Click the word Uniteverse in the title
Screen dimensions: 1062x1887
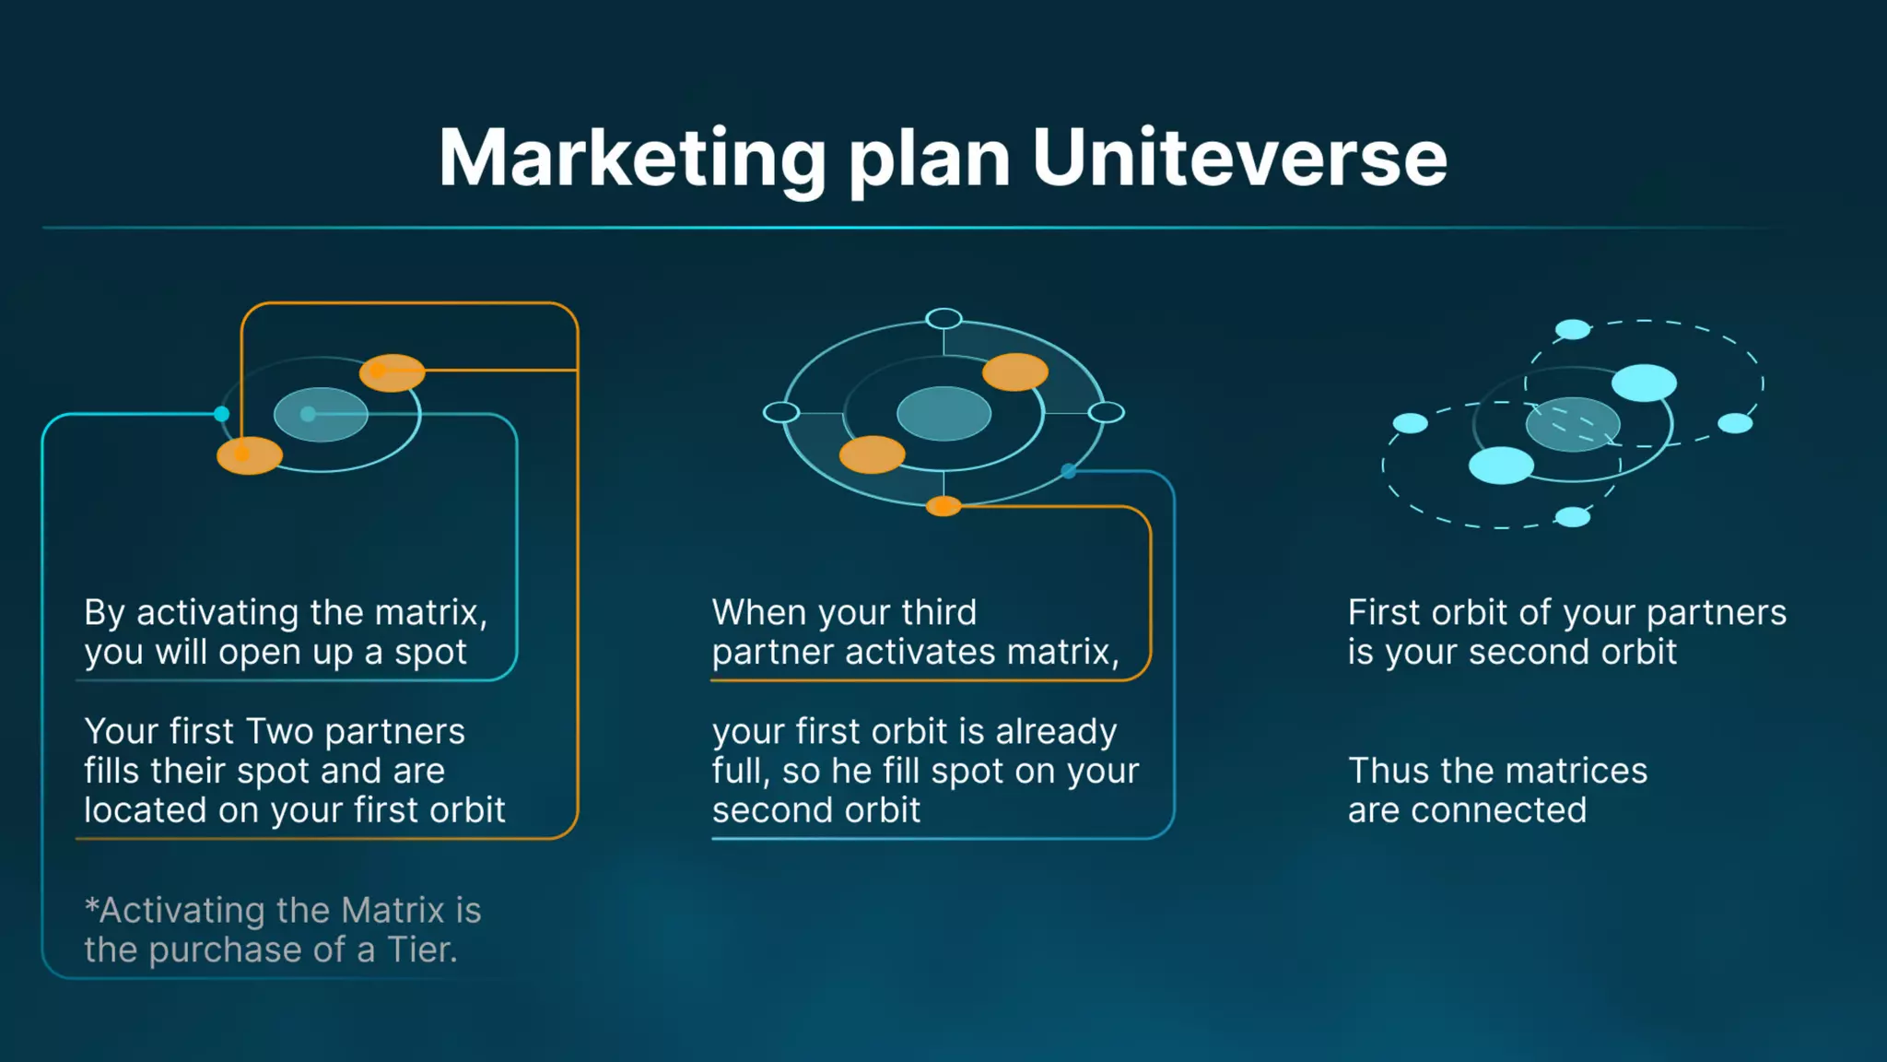point(1239,159)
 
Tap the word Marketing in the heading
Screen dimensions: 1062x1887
point(632,159)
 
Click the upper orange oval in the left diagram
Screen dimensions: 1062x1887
point(393,372)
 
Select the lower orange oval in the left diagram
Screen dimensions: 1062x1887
point(250,455)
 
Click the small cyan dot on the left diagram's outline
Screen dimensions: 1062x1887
point(222,414)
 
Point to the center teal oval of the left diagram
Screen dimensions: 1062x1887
point(321,415)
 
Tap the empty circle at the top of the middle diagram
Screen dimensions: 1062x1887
point(943,319)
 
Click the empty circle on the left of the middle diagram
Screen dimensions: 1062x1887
point(781,412)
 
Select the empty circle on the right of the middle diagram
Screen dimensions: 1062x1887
point(1106,412)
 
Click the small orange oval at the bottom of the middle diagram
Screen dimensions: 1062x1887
point(943,505)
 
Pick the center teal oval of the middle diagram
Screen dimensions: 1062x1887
point(943,413)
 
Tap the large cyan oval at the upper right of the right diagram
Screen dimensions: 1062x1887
point(1644,383)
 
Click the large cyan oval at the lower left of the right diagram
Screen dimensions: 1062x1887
point(1501,466)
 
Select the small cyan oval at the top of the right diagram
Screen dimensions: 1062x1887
point(1573,329)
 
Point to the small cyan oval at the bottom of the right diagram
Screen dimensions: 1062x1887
point(1573,517)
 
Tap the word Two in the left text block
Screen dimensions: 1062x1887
point(280,731)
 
